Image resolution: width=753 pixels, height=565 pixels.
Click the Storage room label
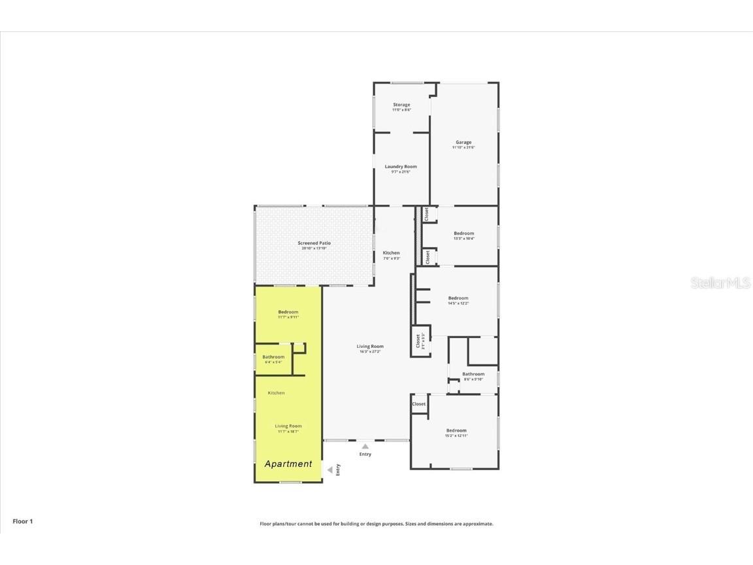click(401, 105)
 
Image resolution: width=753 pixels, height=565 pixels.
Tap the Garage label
click(463, 143)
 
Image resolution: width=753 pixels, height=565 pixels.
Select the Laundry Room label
click(401, 167)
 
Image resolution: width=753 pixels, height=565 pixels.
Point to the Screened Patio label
click(314, 243)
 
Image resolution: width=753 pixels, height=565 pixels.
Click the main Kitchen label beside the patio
click(391, 253)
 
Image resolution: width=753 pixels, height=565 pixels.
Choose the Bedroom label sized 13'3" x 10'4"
click(464, 233)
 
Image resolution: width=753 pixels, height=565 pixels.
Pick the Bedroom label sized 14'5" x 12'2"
click(458, 298)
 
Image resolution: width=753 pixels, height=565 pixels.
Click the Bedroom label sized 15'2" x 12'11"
click(456, 430)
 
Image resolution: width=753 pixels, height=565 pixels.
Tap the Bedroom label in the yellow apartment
click(288, 312)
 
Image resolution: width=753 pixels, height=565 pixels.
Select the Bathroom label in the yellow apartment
click(273, 357)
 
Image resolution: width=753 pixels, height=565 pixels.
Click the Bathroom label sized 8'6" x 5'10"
click(473, 374)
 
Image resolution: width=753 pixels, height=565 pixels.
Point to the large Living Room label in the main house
click(370, 347)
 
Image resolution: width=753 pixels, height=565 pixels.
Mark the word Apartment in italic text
click(288, 464)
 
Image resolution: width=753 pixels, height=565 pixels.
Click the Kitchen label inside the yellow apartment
click(276, 393)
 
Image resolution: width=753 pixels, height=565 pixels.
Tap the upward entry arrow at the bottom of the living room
click(365, 446)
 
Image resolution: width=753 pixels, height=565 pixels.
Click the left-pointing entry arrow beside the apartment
click(330, 469)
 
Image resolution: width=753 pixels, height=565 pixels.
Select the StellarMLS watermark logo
click(721, 283)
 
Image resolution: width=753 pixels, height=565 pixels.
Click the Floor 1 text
click(22, 521)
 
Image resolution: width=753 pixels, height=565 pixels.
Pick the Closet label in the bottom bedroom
click(419, 404)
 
